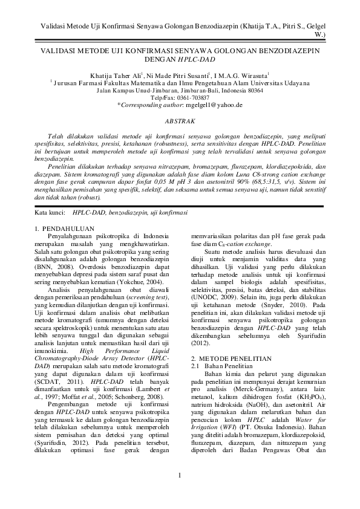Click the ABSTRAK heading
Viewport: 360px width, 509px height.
pyautogui.click(x=180, y=122)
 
